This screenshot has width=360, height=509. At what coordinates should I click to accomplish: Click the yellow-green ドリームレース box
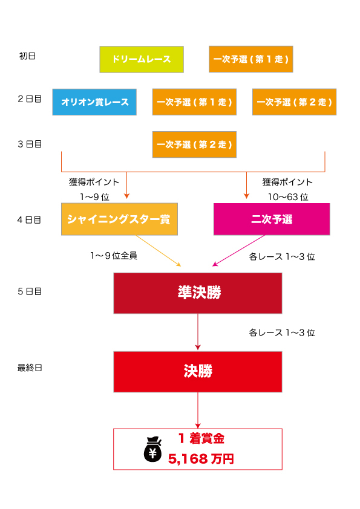point(142,59)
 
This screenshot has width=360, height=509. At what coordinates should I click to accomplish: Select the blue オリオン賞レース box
point(94,102)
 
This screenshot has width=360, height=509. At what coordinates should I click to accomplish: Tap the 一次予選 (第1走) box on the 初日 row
point(251,59)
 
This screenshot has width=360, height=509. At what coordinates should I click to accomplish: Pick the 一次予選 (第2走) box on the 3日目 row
point(194,144)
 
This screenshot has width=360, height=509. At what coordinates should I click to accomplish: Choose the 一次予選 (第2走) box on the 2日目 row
point(295,102)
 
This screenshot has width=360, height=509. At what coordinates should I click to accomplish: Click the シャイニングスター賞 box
point(120,219)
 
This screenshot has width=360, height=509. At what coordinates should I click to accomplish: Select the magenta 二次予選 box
point(272,219)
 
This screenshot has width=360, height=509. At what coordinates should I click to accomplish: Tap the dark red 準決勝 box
point(198,293)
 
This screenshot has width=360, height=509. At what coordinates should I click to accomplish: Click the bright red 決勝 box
point(198,372)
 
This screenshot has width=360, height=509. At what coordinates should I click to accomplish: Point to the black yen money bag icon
point(152,449)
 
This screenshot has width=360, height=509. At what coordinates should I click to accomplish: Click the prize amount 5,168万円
point(201,459)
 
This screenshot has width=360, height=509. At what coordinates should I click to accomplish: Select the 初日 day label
point(27,56)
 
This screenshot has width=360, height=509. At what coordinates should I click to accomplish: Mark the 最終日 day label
point(30,368)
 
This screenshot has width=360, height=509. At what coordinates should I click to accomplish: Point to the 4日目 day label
point(29,220)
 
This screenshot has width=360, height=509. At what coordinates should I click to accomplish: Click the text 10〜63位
point(288,197)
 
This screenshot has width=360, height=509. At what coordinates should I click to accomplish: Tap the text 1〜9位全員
point(114,256)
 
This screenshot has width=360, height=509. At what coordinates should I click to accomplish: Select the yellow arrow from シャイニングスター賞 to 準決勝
point(159,251)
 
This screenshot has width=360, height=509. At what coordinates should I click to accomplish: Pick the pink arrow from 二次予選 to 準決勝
point(239,251)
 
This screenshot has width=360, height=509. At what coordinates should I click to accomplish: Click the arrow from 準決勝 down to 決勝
point(198,332)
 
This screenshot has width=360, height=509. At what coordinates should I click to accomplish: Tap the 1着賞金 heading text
point(201,438)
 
